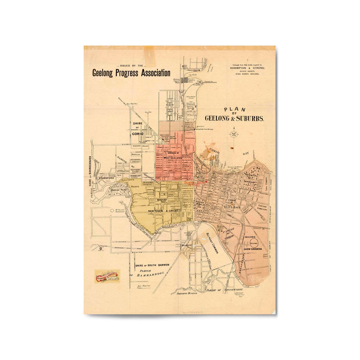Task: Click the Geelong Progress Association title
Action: [131, 73]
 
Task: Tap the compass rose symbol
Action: [234, 134]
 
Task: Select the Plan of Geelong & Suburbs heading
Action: [234, 115]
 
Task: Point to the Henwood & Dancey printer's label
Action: [107, 275]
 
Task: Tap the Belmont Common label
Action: [213, 243]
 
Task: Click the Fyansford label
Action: [105, 178]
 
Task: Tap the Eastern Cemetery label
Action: [262, 208]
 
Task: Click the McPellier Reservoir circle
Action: [112, 211]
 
